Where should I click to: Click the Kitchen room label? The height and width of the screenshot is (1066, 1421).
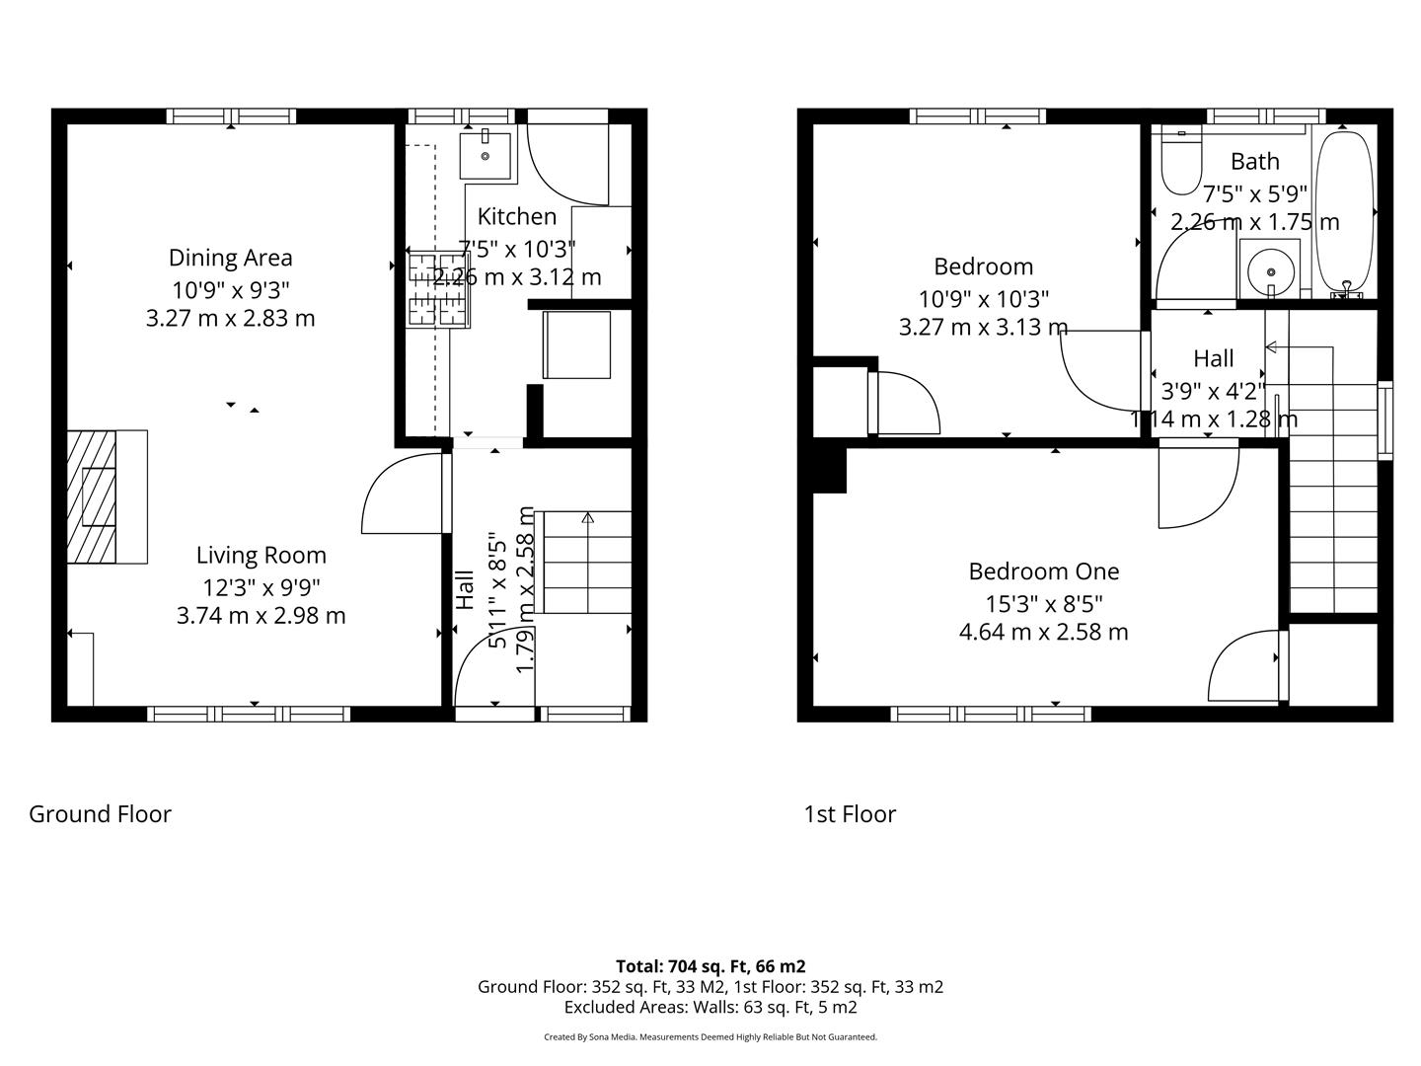click(x=516, y=216)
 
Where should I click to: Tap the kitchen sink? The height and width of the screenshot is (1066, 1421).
click(x=486, y=155)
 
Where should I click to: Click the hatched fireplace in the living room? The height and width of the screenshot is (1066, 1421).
click(x=92, y=497)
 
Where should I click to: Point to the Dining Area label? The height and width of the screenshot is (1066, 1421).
click(x=230, y=258)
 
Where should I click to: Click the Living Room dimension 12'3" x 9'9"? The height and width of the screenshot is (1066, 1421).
click(x=261, y=587)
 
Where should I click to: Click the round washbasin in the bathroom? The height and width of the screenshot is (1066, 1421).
click(x=1269, y=267)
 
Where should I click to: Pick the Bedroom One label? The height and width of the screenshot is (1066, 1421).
click(x=1043, y=571)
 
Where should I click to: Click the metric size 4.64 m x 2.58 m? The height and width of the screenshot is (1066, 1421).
click(x=1043, y=632)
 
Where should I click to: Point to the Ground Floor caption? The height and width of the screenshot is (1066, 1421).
click(x=100, y=814)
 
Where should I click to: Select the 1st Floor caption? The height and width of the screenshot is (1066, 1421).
click(x=850, y=814)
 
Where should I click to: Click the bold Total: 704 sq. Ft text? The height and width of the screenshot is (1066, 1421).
click(x=710, y=966)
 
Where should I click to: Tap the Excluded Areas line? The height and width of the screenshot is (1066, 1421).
click(x=710, y=1008)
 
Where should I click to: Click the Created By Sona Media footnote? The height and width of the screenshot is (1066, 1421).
click(x=710, y=1037)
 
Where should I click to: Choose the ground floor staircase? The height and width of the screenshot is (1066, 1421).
click(x=587, y=563)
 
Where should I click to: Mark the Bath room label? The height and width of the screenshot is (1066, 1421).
click(x=1254, y=161)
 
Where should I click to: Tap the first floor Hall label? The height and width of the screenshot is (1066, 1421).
click(x=1213, y=358)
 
